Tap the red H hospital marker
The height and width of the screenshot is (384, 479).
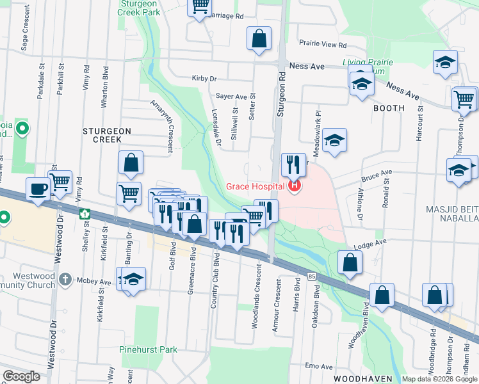[x=294, y=187]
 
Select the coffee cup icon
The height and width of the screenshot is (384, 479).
[x=38, y=189]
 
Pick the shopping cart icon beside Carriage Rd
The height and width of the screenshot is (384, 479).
[x=200, y=6]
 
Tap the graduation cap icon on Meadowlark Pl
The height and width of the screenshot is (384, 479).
[x=334, y=141]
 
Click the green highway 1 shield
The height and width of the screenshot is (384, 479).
[x=84, y=214]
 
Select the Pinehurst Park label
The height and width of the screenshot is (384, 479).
[x=148, y=350]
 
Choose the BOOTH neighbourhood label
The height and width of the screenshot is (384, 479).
[x=389, y=108]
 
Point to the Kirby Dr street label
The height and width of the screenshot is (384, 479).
[x=204, y=79]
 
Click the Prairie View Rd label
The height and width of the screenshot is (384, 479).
[x=323, y=45]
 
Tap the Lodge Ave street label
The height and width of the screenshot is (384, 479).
[x=371, y=243]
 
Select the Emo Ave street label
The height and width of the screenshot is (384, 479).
[x=319, y=367]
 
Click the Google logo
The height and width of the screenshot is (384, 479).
[x=21, y=376]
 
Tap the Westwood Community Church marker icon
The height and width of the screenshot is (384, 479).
[x=65, y=279]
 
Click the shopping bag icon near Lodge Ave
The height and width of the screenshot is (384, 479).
[x=350, y=262]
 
